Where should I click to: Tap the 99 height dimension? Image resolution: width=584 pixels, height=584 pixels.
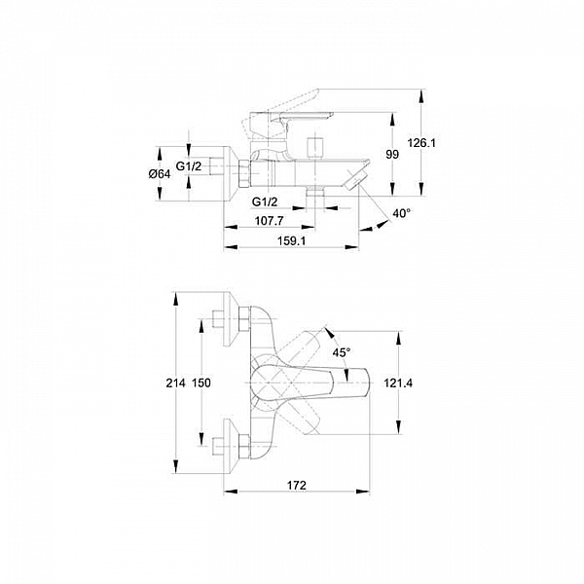[x=393, y=155]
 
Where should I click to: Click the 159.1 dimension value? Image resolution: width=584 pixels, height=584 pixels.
[x=291, y=240]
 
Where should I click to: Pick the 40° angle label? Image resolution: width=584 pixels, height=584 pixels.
[x=402, y=213]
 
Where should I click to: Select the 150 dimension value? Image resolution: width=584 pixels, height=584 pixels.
[x=201, y=383]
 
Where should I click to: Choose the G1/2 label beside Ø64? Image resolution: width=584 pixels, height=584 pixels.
[x=190, y=167]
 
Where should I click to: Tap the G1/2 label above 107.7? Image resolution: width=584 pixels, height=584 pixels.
[x=265, y=201]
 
